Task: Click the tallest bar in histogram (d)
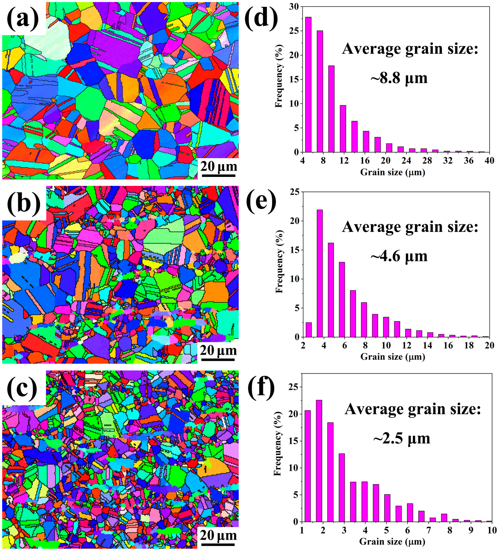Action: pyautogui.click(x=308, y=85)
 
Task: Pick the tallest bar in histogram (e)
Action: pyautogui.click(x=320, y=273)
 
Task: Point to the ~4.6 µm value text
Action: pyautogui.click(x=399, y=256)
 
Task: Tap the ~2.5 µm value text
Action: pyautogui.click(x=402, y=439)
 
